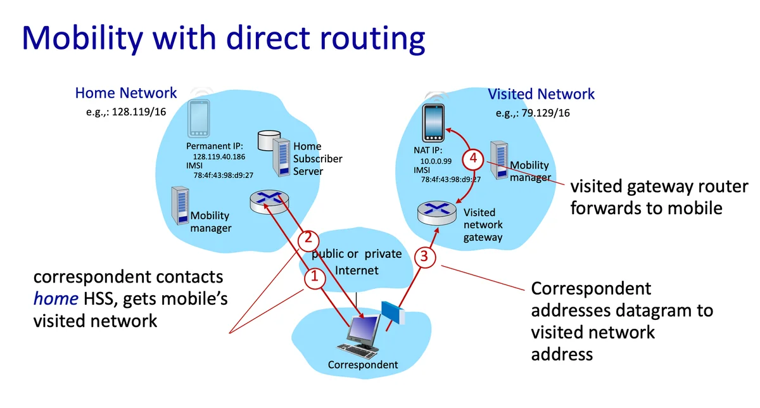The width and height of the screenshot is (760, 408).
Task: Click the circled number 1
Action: [x=312, y=276]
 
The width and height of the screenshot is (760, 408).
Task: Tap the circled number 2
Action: [x=307, y=239]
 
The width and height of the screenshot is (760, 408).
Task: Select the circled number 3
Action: [x=424, y=257]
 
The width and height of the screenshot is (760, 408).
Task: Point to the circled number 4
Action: [x=471, y=158]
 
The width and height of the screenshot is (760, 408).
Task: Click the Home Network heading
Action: [x=126, y=93]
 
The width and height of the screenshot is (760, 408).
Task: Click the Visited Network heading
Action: [x=541, y=94]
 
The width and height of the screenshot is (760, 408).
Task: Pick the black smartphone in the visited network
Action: [x=435, y=124]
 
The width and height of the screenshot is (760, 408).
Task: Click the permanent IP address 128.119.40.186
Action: [x=218, y=156]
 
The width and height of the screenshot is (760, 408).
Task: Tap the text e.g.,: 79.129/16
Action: [x=532, y=114]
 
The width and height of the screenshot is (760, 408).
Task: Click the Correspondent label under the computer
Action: [x=363, y=365]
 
